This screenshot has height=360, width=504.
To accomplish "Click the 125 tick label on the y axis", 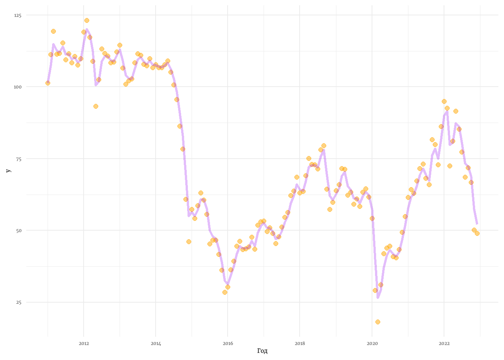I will pos(18,15).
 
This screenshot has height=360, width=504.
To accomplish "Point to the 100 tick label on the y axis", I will pos(18,87).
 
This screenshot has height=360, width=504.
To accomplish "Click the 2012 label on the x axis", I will pos(84,343).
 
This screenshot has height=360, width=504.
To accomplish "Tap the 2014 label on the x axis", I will pos(156,343).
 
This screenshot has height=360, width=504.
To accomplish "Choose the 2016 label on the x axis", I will pos(228,343).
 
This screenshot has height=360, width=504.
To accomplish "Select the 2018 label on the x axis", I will pos(300,343).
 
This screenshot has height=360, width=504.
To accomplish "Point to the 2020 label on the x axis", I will pos(372,343).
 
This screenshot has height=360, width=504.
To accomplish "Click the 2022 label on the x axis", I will pos(444,343).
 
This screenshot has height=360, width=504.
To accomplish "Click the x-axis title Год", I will pos(262,351).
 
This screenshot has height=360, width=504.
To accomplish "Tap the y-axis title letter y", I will pos(8,171).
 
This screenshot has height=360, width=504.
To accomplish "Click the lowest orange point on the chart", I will pos(378,322).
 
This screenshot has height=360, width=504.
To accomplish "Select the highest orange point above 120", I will pos(87,20).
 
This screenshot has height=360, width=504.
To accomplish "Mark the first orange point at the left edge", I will pos(48,83).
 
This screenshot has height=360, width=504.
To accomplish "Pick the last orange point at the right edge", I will pos(477,233).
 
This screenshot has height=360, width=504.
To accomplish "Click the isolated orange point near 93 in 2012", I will pos(96,106).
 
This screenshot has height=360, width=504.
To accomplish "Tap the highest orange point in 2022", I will pos(444,101).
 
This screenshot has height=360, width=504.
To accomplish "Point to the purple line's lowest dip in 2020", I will pos(378,298).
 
